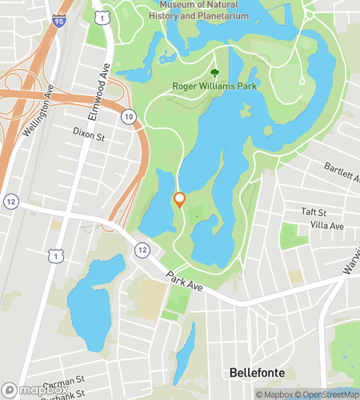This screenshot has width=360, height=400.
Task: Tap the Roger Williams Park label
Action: (214, 86)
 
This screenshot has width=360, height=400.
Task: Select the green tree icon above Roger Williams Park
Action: (214, 72)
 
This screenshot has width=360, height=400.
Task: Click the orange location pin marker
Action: (180, 199)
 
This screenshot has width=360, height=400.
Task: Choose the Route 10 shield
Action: (129, 117)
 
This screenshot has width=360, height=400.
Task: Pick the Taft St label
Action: (314, 212)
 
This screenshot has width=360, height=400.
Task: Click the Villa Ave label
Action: (326, 226)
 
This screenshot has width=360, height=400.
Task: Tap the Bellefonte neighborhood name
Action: (257, 372)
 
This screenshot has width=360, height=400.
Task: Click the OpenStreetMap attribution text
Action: (329, 394)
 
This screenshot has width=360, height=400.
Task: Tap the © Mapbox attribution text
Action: (275, 394)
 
